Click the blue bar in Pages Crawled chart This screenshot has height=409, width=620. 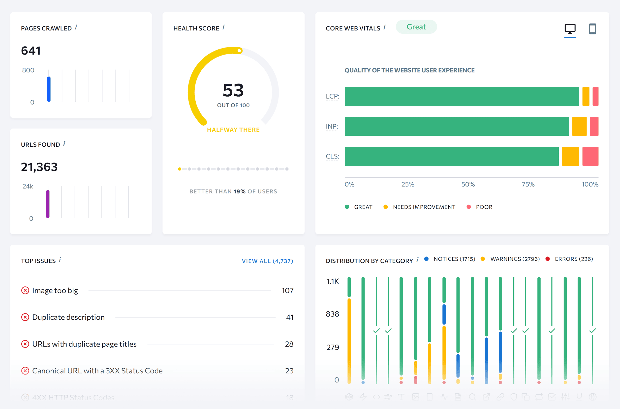coord(49,89)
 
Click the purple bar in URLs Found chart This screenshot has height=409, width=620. coord(48,204)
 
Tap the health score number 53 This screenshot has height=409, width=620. coord(233,90)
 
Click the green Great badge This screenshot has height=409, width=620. coord(416,27)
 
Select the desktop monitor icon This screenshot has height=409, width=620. coord(570,29)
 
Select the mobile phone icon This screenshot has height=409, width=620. coord(592,29)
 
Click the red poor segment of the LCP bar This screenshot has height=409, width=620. coord(595,96)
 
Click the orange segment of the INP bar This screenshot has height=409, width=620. coord(579,126)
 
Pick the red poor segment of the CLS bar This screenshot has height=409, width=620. coord(590,156)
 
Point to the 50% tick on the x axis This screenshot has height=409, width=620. coord(468,184)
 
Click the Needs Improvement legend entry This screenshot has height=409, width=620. coord(424,207)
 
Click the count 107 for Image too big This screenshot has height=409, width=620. coord(287,291)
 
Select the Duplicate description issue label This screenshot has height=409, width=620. coord(68,317)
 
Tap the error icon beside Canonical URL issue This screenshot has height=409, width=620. coord(25,371)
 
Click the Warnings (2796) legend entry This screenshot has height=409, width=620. coord(515,259)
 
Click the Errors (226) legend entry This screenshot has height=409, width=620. coord(574,259)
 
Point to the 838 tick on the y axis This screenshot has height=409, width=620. coord(332,314)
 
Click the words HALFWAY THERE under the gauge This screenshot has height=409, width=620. coord(233,130)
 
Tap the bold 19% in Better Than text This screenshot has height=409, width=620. coord(239,191)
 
